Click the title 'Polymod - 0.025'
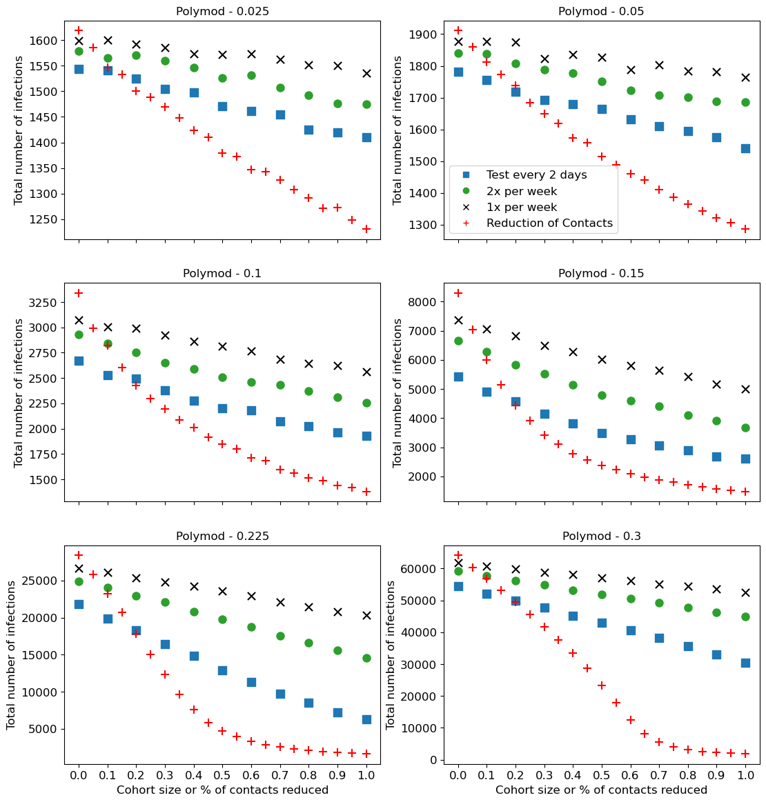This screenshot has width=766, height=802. [x=222, y=11]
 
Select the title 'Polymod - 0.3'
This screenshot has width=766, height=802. [x=601, y=536]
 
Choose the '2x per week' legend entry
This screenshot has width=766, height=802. [x=521, y=191]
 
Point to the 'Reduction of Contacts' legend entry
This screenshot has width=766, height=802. [x=549, y=223]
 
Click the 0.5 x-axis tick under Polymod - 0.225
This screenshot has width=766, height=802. [x=222, y=775]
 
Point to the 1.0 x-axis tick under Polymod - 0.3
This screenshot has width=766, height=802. [x=745, y=775]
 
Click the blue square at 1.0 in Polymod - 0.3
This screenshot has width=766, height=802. [x=745, y=663]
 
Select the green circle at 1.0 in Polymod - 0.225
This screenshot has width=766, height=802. [x=366, y=658]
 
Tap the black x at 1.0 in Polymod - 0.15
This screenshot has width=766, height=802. [x=745, y=389]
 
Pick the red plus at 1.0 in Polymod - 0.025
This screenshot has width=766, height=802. [x=366, y=229]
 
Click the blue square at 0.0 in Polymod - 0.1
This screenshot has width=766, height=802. [x=79, y=361]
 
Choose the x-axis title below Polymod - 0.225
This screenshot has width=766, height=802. [x=222, y=790]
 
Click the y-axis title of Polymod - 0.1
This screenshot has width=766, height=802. [x=19, y=392]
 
